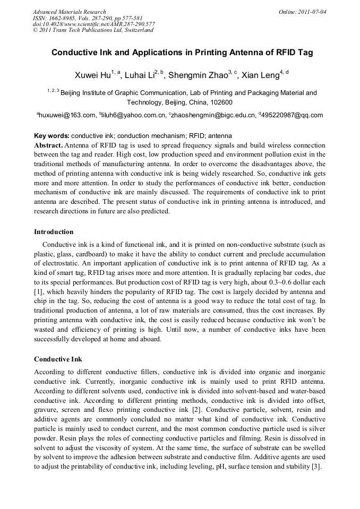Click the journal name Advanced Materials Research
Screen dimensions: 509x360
pyautogui.click(x=69, y=12)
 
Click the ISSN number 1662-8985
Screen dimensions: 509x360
pyautogui.click(x=62, y=18)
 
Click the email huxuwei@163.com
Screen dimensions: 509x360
pyautogui.click(x=66, y=115)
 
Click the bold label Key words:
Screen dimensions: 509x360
pyautogui.click(x=52, y=136)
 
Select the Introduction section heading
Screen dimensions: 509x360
pyautogui.click(x=54, y=232)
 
